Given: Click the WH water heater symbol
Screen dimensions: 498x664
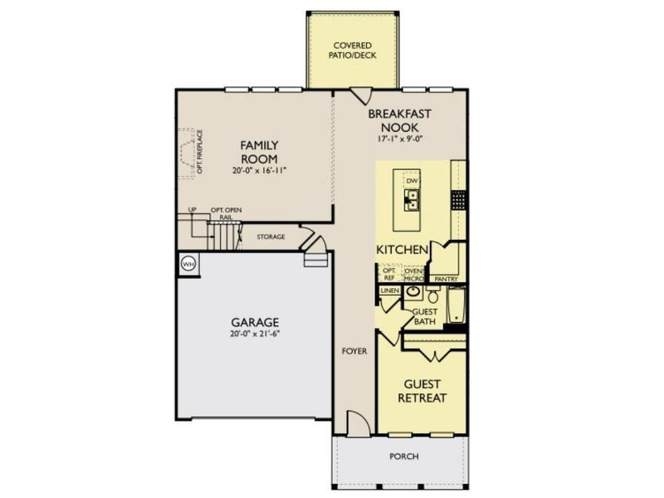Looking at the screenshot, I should [188, 263].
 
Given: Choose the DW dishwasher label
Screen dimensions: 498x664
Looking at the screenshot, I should [412, 181].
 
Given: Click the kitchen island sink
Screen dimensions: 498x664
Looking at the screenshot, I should [412, 198].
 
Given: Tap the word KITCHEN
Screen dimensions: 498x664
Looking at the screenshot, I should [403, 250].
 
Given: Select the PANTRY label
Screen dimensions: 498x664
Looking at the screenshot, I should [447, 280].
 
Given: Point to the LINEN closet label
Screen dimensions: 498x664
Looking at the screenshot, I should [389, 291].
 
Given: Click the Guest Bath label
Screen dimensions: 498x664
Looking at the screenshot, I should [425, 315].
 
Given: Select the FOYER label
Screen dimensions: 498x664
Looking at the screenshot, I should [354, 351].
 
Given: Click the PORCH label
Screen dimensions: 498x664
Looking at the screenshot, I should [404, 456].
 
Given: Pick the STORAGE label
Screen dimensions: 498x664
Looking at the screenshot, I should [271, 237].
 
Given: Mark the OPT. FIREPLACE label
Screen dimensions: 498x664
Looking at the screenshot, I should [200, 152].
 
